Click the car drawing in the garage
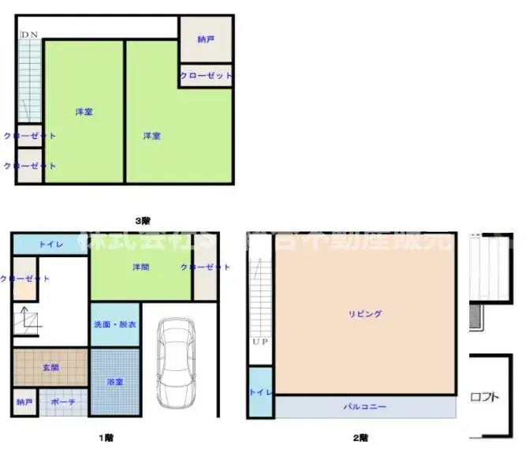(x=174, y=361)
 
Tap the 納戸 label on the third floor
(x=205, y=39)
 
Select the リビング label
(x=364, y=314)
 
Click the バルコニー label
(x=364, y=407)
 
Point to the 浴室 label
(x=115, y=382)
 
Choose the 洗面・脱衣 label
(x=114, y=325)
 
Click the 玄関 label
(x=50, y=368)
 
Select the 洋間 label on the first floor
(x=141, y=267)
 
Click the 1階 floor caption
(x=106, y=437)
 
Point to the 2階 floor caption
(x=360, y=437)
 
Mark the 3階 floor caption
(x=142, y=220)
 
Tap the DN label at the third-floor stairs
(x=29, y=35)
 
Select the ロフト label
(x=484, y=397)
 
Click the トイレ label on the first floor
(x=50, y=245)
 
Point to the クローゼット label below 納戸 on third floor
(x=206, y=76)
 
